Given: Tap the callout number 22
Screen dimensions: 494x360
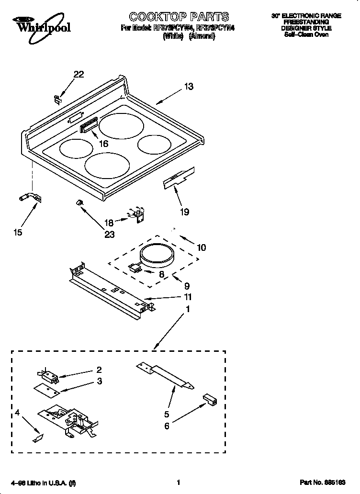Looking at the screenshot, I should [x=79, y=74].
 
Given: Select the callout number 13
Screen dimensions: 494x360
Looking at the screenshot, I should [x=189, y=87].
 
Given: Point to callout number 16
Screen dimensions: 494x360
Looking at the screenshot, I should [x=103, y=144].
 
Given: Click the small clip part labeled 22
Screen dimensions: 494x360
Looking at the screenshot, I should [x=57, y=99].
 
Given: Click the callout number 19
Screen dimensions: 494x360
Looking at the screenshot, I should [x=184, y=212].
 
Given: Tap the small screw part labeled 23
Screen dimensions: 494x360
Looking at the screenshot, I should [x=79, y=204].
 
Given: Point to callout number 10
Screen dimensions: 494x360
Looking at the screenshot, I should [x=201, y=247].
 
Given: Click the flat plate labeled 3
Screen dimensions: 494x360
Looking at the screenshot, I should [x=47, y=390].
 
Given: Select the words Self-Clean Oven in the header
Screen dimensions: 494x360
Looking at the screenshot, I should [x=306, y=35].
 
